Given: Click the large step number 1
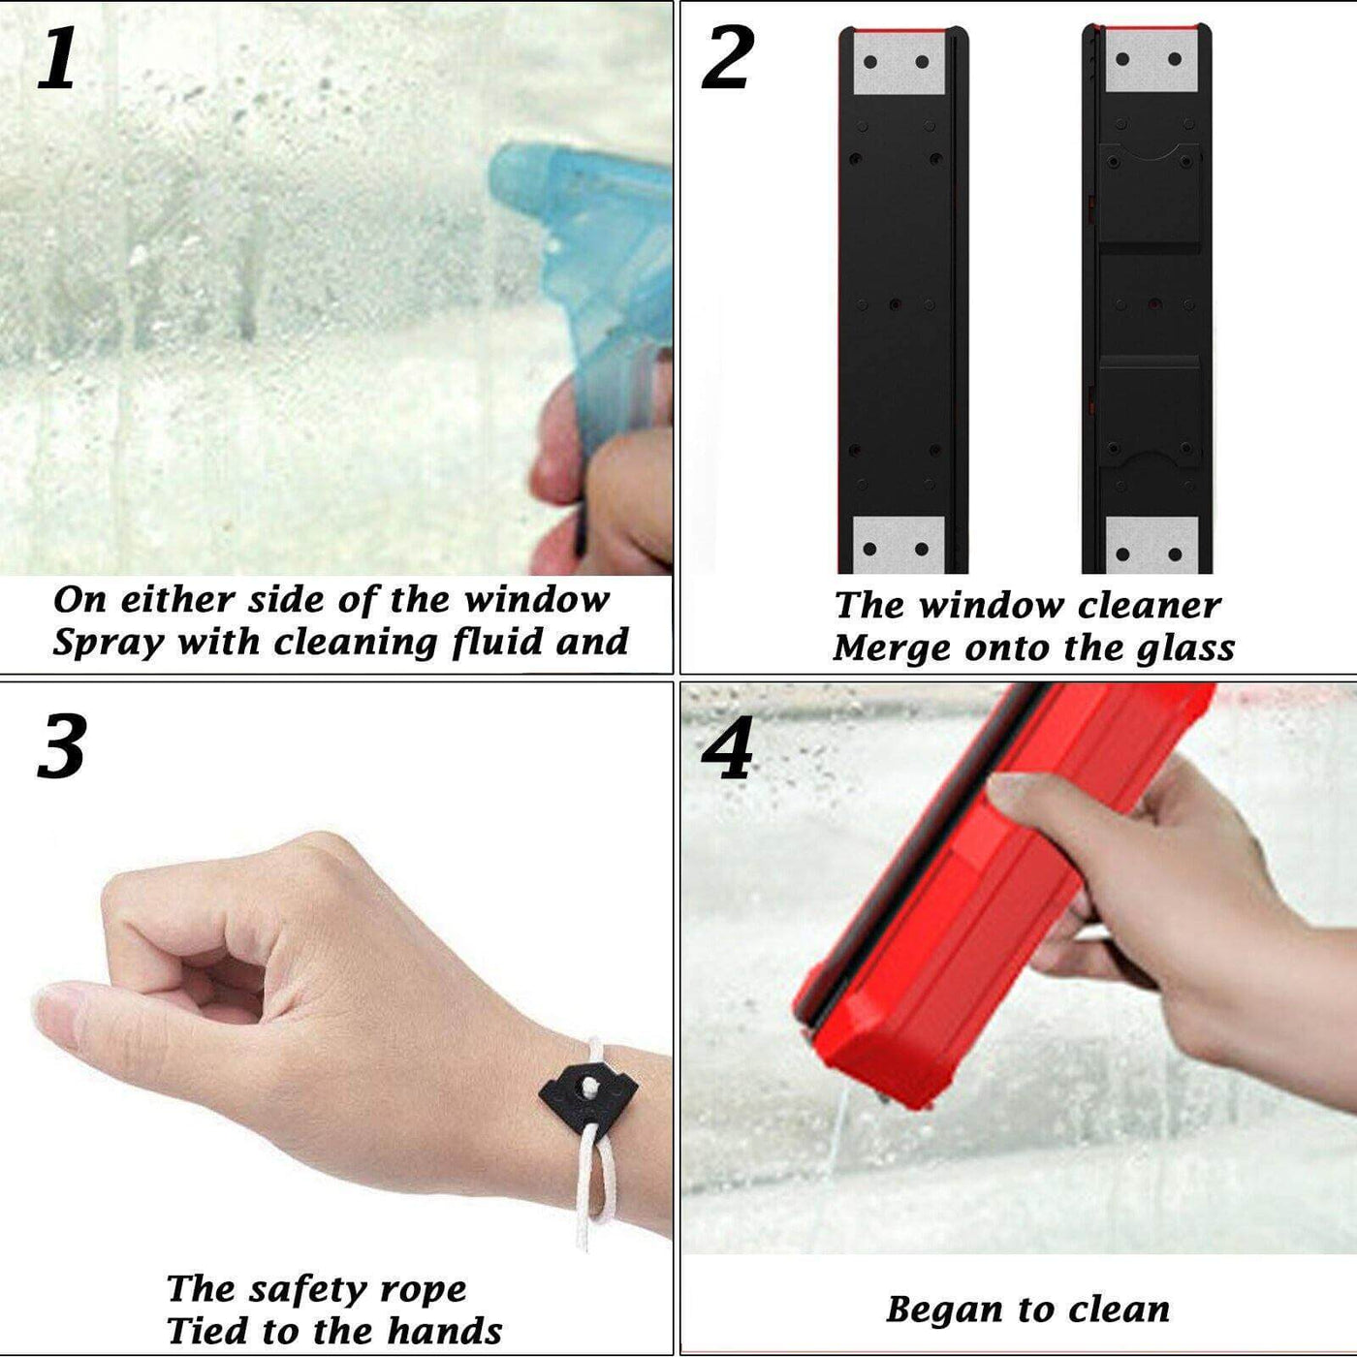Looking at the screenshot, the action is click(56, 58).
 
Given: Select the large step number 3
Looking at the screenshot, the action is click(62, 745).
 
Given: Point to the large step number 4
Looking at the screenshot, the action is click(727, 749).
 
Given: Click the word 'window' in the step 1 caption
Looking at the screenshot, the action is click(537, 600).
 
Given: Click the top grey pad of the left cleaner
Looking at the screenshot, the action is click(899, 63).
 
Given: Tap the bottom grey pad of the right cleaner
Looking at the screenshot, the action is click(1152, 545).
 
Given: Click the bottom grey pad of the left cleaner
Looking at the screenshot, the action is click(899, 545).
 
